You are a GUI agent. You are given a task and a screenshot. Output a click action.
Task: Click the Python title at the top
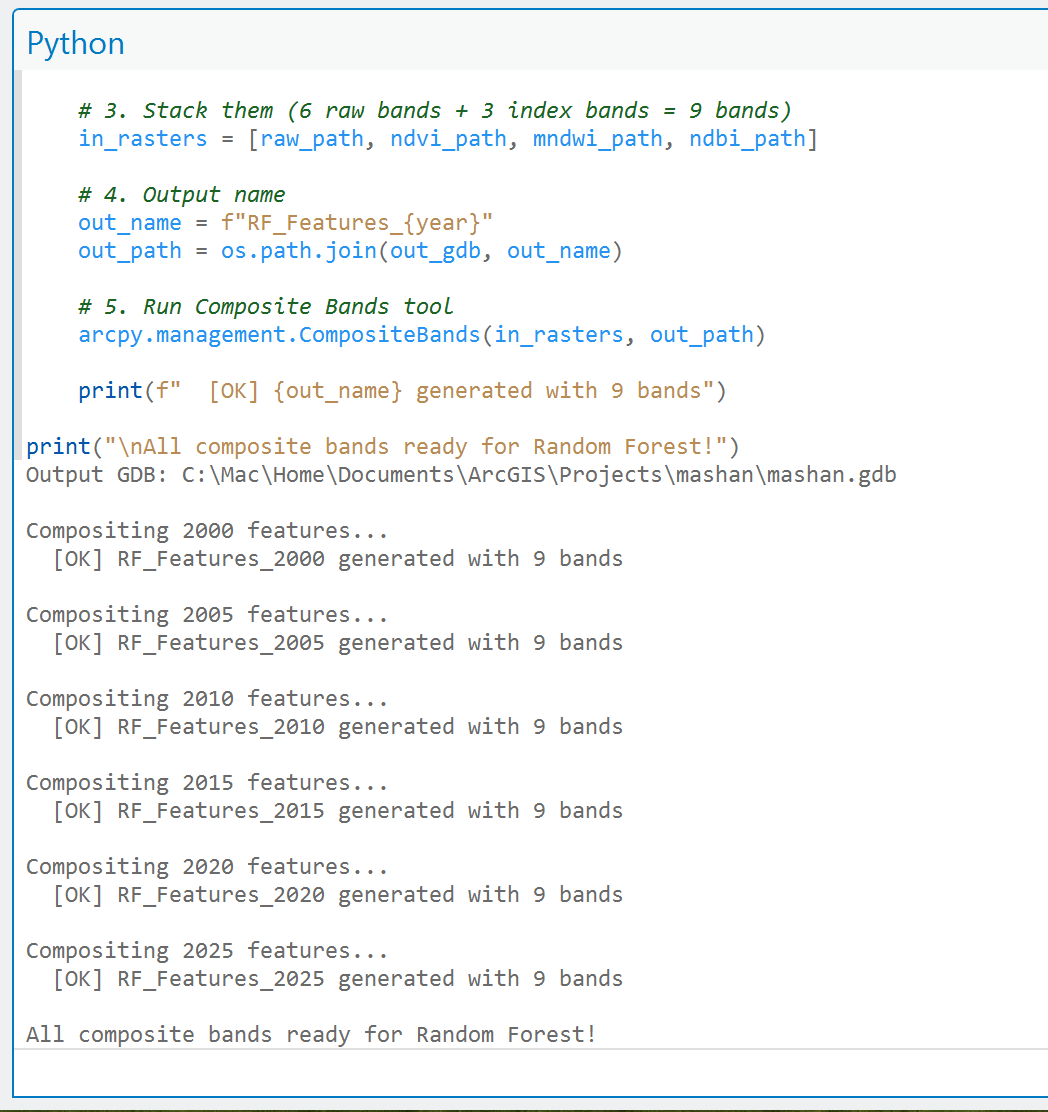click(x=75, y=43)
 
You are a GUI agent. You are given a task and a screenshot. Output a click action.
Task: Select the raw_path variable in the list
click(x=312, y=138)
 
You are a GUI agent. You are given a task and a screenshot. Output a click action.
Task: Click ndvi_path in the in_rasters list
click(x=449, y=138)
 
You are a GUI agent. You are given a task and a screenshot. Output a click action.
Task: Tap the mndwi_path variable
click(x=598, y=138)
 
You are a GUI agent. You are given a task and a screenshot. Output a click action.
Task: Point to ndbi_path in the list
click(x=748, y=138)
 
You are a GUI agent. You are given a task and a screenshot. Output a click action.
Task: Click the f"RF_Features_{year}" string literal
click(x=357, y=223)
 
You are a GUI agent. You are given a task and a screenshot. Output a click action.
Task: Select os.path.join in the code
click(x=299, y=250)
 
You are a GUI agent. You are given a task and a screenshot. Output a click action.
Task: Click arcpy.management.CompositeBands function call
click(x=279, y=334)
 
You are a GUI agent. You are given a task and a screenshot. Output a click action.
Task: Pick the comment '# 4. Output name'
click(x=182, y=194)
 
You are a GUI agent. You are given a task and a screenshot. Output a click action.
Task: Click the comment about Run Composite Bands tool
click(x=265, y=306)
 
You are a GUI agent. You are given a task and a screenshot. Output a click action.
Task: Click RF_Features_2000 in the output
click(x=221, y=559)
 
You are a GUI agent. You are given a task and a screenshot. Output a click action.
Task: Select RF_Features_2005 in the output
click(x=221, y=643)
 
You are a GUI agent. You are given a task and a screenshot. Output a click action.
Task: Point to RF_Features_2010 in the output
click(x=221, y=727)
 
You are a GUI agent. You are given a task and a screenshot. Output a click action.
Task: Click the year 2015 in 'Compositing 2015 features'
click(x=208, y=782)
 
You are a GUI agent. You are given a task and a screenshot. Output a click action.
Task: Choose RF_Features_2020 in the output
click(x=221, y=895)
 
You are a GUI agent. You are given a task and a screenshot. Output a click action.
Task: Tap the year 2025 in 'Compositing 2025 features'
click(x=208, y=950)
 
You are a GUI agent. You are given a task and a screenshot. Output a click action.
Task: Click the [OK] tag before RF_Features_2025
click(x=78, y=979)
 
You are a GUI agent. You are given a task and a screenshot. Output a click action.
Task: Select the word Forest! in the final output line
click(x=552, y=1034)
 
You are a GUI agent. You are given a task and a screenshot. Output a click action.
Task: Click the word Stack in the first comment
click(x=175, y=111)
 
